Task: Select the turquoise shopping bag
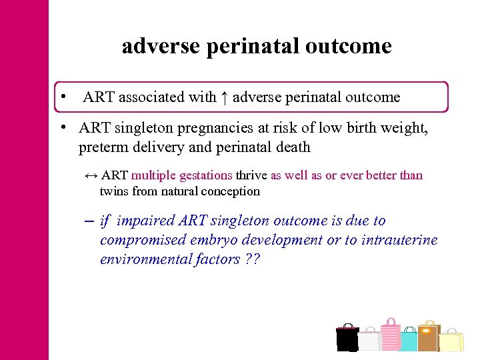[408, 341]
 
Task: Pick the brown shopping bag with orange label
[428, 337]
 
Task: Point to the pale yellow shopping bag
[451, 341]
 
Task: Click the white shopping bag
[369, 341]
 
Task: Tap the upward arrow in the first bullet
[224, 97]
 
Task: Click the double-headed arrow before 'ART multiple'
[91, 175]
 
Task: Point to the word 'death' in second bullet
[292, 147]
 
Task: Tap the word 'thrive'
[251, 175]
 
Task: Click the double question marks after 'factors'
[251, 259]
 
